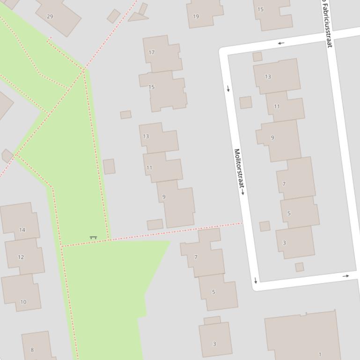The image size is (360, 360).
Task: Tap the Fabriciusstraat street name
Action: [x=327, y=23]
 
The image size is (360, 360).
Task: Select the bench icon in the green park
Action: [x=93, y=238]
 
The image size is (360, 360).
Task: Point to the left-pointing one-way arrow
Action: [x=281, y=43]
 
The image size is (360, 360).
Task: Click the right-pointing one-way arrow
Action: [x=345, y=276]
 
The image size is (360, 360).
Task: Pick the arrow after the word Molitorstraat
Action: [x=242, y=191]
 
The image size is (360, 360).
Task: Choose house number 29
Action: [x=50, y=16]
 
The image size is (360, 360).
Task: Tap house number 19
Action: [x=196, y=16]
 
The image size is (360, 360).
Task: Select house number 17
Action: [x=152, y=52]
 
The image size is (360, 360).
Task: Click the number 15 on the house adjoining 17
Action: [x=152, y=87]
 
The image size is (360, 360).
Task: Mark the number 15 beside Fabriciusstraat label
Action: [x=260, y=9]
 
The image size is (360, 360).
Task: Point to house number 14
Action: [x=22, y=230]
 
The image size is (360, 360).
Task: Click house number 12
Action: [x=21, y=257]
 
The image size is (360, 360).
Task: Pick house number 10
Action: [x=23, y=302]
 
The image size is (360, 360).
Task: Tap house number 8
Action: [x=32, y=350]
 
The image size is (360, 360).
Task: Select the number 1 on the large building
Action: [x=320, y=354]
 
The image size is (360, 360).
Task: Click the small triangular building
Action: [x=137, y=17]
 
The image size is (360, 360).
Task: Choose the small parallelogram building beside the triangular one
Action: [x=113, y=16]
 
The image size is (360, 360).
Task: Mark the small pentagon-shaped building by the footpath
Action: [x=7, y=156]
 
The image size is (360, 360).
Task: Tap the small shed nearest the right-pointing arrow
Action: [x=300, y=267]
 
